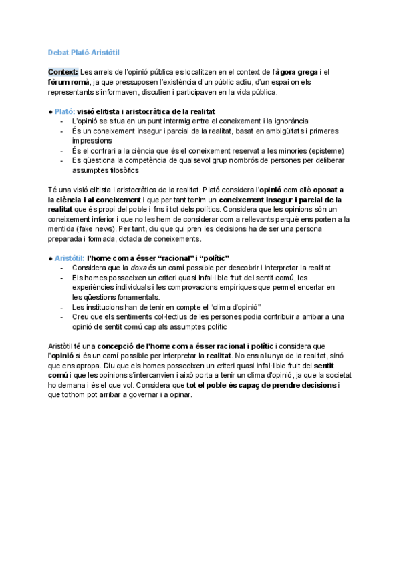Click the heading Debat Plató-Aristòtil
[84, 52]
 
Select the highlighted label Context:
[63, 72]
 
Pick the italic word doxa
[136, 268]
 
